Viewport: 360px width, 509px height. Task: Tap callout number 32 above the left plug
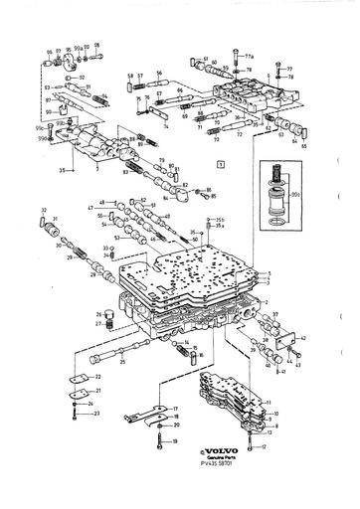45,211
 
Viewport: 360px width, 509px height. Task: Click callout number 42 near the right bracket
302,339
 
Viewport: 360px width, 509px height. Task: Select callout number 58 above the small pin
129,76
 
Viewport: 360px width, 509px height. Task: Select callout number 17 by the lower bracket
175,409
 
